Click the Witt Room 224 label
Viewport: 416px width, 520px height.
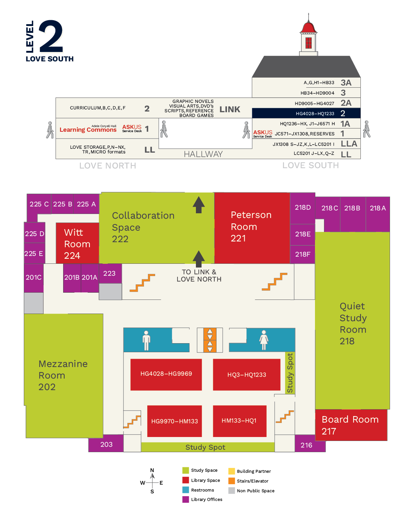[x=77, y=244]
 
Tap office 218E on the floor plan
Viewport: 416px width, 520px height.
[x=303, y=234]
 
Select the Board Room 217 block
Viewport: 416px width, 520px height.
[x=350, y=425]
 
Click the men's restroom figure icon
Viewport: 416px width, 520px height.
[x=146, y=340]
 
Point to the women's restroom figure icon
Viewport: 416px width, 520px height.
[x=264, y=340]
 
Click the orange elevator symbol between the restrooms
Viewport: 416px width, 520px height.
[x=210, y=340]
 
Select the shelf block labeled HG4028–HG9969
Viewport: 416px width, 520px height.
[x=166, y=374]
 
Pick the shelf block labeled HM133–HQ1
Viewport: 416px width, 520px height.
[x=239, y=421]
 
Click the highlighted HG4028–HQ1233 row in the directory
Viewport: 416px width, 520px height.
[x=306, y=113]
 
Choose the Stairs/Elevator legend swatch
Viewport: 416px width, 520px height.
[x=232, y=481]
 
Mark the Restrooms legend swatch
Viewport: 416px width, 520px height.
[x=186, y=490]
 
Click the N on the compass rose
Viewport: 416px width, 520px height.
[x=152, y=470]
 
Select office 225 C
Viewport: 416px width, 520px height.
[x=39, y=204]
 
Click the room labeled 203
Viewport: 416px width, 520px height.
[x=106, y=445]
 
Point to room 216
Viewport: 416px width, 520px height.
[x=306, y=445]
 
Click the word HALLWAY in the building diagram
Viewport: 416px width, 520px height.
[x=203, y=154]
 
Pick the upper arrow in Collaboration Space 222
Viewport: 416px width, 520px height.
[x=199, y=204]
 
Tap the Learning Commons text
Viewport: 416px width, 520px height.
[x=88, y=130]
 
